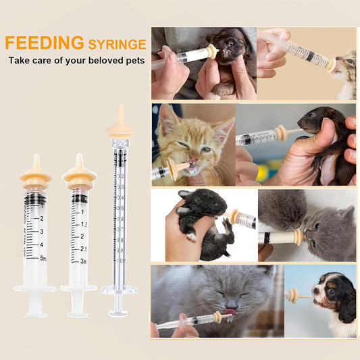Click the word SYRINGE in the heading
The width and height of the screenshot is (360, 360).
click(117, 45)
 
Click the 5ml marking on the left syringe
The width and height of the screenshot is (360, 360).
click(42, 258)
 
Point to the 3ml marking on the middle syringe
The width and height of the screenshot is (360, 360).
click(84, 261)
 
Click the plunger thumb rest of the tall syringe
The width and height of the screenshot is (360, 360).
click(119, 312)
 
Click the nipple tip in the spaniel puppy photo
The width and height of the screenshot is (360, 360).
click(292, 295)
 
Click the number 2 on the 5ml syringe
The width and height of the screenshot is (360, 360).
click(42, 219)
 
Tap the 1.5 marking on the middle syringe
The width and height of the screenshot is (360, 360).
click(84, 224)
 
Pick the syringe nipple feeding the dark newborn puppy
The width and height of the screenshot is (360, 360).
click(211, 51)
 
